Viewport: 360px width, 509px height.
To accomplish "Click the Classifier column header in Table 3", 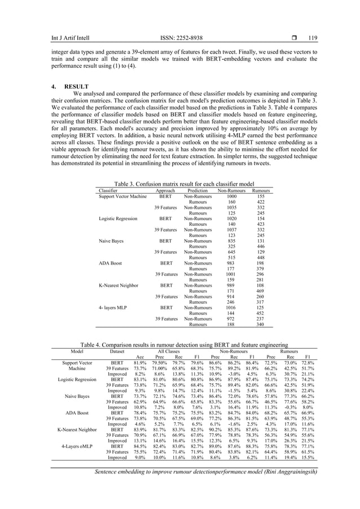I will coord(109,191).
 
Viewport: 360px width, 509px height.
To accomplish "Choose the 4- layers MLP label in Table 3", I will coord(113,309).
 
